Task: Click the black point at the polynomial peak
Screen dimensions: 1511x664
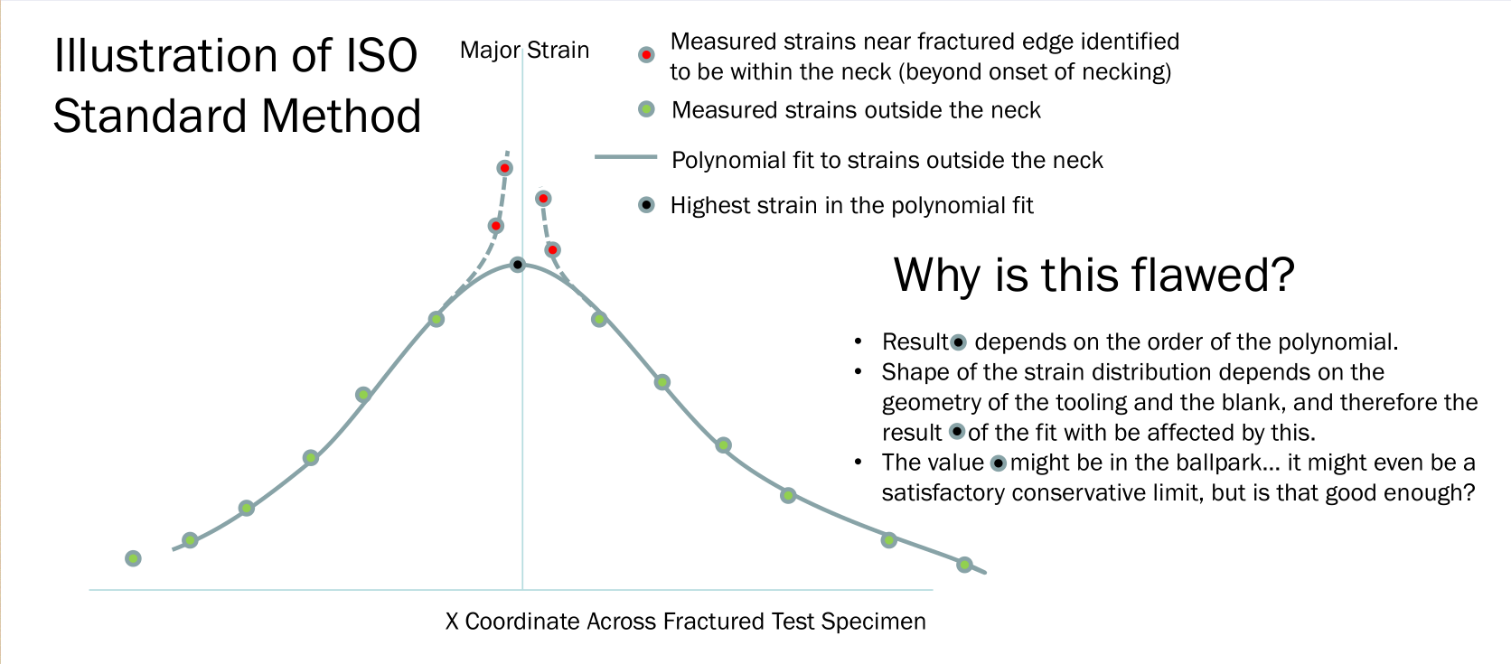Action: click(x=518, y=265)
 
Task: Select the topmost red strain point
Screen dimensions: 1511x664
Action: click(x=504, y=168)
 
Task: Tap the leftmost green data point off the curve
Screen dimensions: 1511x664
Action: click(x=134, y=558)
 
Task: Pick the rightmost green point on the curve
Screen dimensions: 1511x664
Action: click(x=964, y=565)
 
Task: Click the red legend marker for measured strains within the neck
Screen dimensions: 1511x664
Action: click(x=646, y=55)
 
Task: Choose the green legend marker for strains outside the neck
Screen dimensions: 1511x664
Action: click(x=646, y=109)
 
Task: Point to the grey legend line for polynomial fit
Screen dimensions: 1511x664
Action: click(x=625, y=157)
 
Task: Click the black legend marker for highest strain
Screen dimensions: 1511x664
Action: click(x=646, y=205)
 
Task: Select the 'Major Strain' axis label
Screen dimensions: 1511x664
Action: click(x=525, y=51)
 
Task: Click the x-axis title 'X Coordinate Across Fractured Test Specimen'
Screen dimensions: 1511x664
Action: click(x=685, y=622)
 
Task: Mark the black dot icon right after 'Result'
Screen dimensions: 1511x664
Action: click(x=958, y=342)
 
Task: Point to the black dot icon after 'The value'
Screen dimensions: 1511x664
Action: click(x=999, y=463)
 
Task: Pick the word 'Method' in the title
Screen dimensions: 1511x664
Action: click(x=342, y=116)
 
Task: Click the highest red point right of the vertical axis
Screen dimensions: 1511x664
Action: click(x=543, y=198)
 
